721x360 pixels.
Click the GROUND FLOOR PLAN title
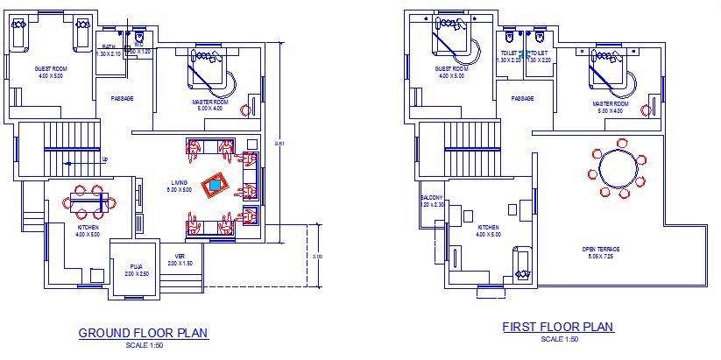pyautogui.click(x=143, y=333)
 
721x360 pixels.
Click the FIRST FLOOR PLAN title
pyautogui.click(x=558, y=327)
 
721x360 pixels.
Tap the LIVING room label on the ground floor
pyautogui.click(x=179, y=186)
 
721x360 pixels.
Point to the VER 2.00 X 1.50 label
pyautogui.click(x=180, y=259)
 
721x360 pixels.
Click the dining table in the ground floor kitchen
pyautogui.click(x=88, y=202)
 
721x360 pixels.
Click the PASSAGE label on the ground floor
pyautogui.click(x=122, y=98)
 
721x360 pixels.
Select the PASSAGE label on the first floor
pyautogui.click(x=523, y=98)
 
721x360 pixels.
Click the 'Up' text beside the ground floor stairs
pyautogui.click(x=105, y=159)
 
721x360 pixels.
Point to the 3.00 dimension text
pyautogui.click(x=317, y=257)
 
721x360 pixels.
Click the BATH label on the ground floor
pyautogui.click(x=109, y=46)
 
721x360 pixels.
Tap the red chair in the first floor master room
pyautogui.click(x=648, y=108)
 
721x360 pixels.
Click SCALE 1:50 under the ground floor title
pyautogui.click(x=143, y=345)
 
